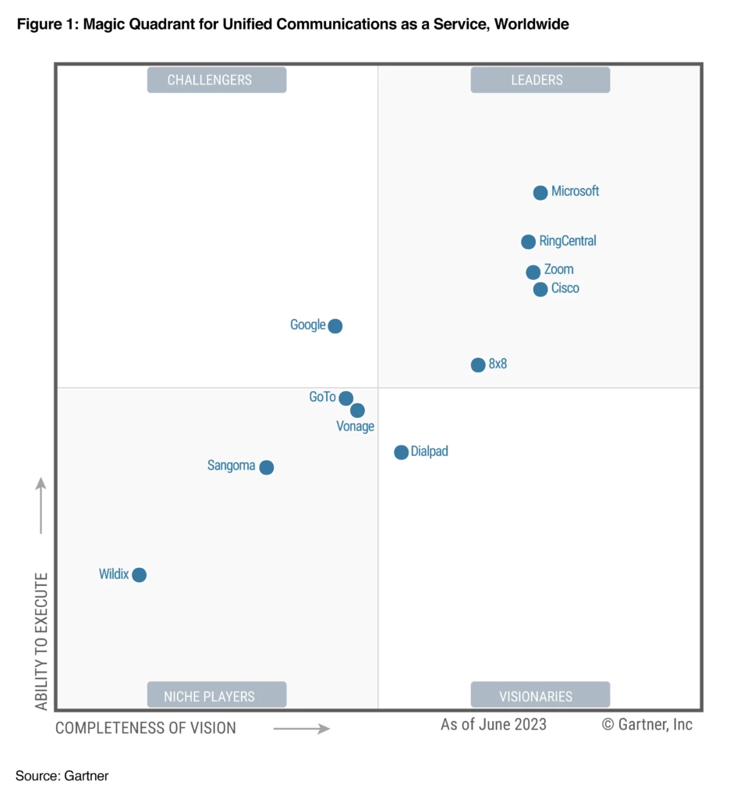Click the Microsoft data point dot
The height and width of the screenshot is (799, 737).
[x=540, y=193]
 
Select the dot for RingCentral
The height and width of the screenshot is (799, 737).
[x=528, y=242]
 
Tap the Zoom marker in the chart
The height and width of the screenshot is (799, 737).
[x=533, y=272]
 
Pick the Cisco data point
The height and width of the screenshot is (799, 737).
[x=540, y=289]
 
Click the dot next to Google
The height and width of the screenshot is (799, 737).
[x=335, y=326]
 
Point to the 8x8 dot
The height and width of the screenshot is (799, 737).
[x=478, y=365]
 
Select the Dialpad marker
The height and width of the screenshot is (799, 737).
[x=401, y=453]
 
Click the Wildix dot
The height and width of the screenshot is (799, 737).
[x=139, y=575]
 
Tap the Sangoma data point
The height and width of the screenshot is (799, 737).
[x=267, y=467]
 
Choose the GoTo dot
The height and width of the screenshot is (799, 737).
[x=345, y=399]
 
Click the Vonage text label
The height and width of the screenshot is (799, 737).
[x=355, y=427]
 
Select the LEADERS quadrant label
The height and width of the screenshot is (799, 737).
[x=540, y=80]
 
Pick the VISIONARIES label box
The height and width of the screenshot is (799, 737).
[x=540, y=695]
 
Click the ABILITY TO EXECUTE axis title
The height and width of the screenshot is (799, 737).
[x=42, y=641]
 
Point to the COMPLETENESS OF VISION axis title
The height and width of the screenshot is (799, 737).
[x=146, y=728]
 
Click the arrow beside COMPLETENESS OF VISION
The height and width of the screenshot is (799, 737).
[x=302, y=730]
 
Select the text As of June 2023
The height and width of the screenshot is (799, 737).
[x=494, y=724]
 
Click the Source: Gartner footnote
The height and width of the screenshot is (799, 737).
[x=62, y=776]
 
